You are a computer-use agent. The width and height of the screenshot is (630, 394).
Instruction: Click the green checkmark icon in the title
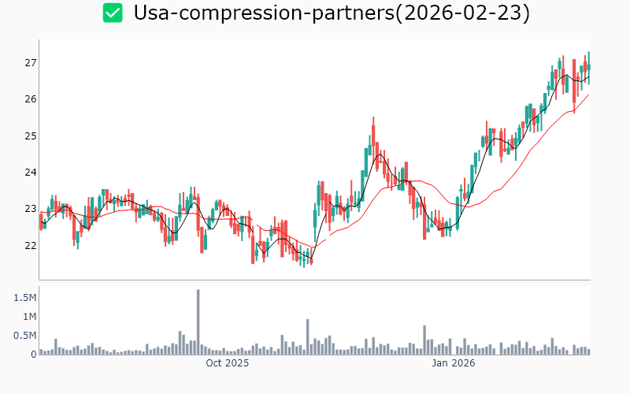(113, 13)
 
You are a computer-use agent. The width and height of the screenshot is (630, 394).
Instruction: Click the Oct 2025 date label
(227, 363)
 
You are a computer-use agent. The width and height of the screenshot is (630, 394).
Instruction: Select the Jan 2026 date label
(453, 363)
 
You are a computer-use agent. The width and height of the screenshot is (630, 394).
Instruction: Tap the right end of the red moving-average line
(588, 95)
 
